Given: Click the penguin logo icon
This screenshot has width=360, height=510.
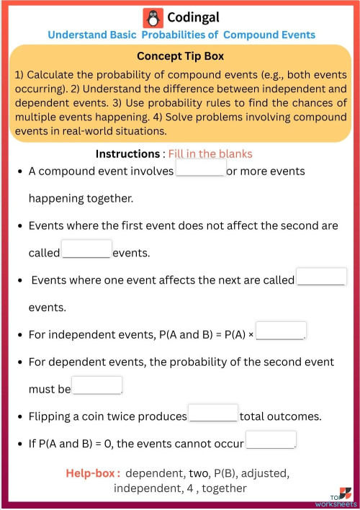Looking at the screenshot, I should [152, 17].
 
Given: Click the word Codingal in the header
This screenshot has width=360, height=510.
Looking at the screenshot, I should [193, 17].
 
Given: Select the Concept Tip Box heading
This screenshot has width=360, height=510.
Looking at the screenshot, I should [180, 56].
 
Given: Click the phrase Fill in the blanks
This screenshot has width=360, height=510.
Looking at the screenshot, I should [210, 154].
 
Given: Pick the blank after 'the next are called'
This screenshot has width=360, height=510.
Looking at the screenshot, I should [321, 277].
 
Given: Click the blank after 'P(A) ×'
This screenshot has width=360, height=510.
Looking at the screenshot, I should [281, 331].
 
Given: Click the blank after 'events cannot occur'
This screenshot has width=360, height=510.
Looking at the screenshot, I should [271, 439].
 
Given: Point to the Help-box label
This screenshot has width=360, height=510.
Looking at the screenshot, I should [93, 473].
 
